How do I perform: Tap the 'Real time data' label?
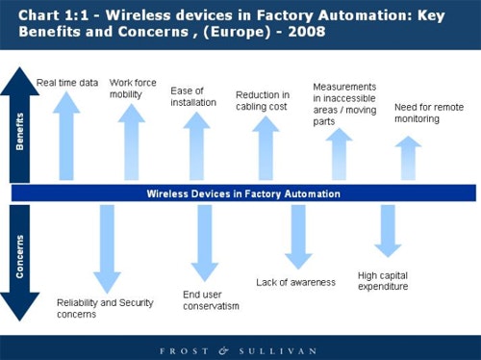[67, 83]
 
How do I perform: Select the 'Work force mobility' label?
[133, 89]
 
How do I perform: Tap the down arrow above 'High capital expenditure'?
[387, 231]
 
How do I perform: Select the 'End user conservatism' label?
[211, 300]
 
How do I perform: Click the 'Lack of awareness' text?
[295, 282]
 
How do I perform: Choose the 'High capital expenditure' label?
[383, 280]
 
